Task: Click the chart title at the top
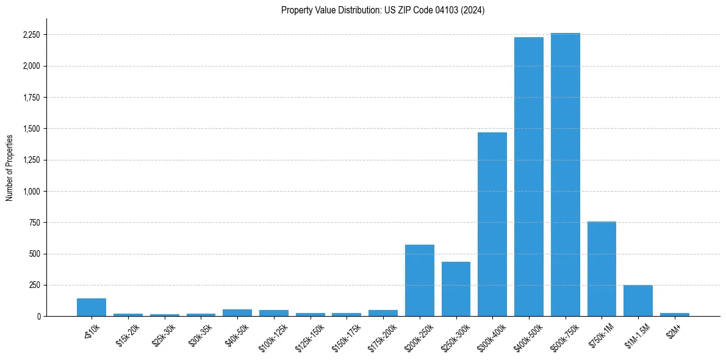coord(383,10)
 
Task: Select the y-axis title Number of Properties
coord(10,167)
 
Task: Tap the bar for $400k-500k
coord(528,177)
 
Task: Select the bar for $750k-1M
coord(602,268)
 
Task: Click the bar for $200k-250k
coord(420,281)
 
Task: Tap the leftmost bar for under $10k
coord(92,307)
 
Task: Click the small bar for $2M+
coord(674,314)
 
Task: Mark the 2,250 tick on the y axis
coord(31,35)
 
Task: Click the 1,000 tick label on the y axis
coord(31,192)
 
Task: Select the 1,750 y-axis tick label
coord(31,98)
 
